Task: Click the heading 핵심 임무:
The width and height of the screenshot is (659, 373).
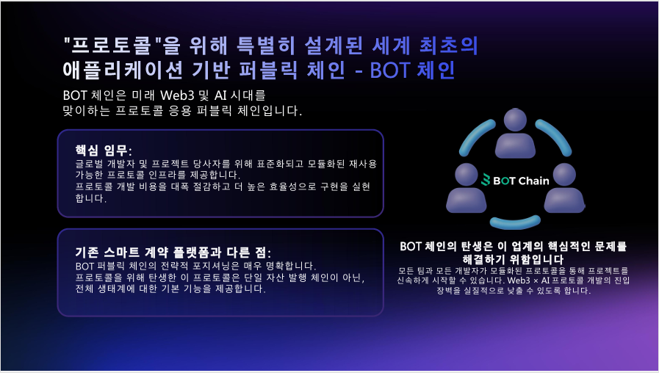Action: tap(104, 151)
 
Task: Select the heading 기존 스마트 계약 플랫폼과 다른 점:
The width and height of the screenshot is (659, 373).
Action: tap(173, 252)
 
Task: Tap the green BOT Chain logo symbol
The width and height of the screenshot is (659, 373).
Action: tap(486, 180)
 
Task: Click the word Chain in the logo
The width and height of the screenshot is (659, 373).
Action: tap(533, 181)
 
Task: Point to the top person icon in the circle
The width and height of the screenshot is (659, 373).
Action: tap(515, 133)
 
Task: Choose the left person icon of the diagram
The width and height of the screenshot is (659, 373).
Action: tap(466, 188)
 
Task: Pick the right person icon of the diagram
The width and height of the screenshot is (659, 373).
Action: tap(564, 188)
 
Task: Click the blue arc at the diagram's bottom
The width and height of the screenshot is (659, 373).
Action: tap(515, 223)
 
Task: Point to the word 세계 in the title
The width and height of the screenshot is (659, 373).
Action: tap(391, 46)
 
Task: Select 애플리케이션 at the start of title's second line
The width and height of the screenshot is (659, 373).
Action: tap(123, 70)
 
